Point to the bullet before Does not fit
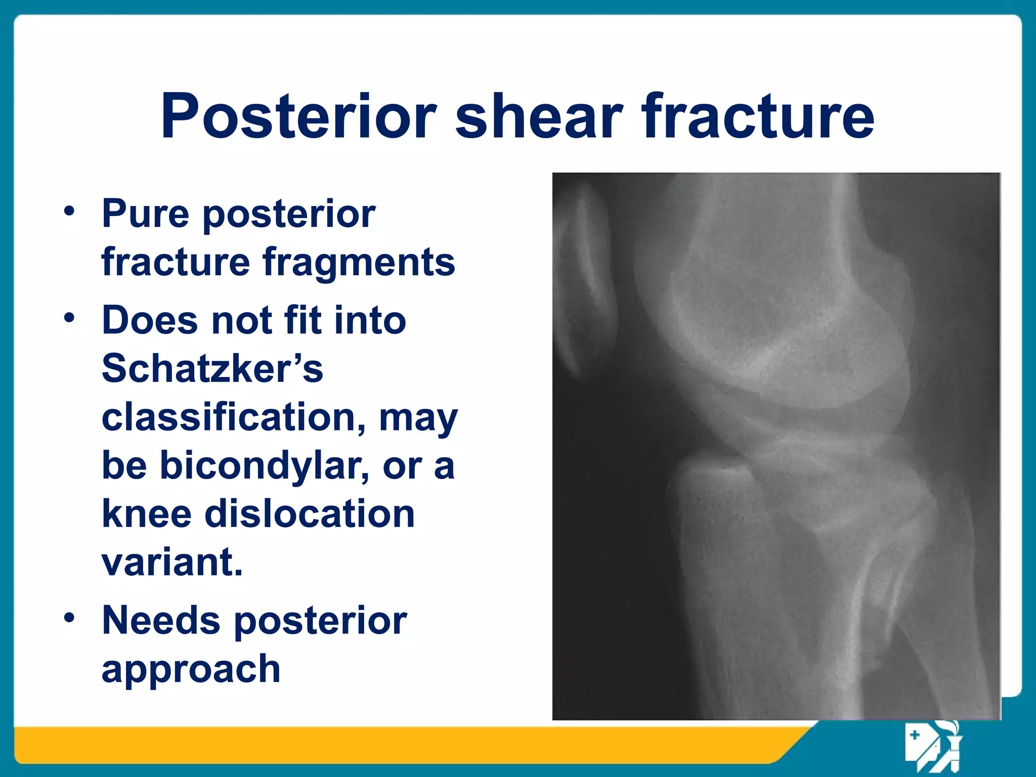(69, 318)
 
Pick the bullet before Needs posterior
(69, 618)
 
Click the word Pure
(145, 213)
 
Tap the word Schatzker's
(212, 368)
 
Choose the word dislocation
(309, 513)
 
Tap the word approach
(191, 669)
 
